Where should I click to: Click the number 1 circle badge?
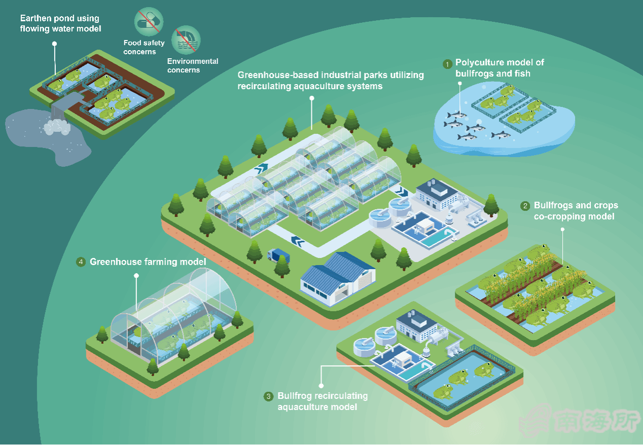447,64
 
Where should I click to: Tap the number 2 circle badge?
525,206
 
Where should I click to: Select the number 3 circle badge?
269,396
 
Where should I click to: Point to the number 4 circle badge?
81,262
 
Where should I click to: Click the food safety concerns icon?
149,22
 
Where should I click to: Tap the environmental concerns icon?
186,41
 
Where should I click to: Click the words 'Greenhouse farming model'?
148,262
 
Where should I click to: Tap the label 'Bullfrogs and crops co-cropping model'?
576,211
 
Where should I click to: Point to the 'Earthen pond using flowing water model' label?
60,23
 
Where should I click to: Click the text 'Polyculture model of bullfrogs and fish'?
499,68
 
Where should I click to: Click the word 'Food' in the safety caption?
132,43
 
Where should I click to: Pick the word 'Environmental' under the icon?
193,61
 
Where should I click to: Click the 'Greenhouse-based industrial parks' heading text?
330,81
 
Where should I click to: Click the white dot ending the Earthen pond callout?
54,44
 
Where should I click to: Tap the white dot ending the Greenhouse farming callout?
136,276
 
